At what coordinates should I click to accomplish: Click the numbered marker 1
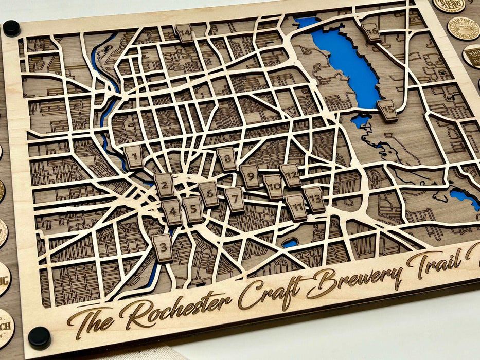(x=134, y=156)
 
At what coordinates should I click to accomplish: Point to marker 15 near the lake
(x=387, y=110)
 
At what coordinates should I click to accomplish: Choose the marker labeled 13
(x=314, y=199)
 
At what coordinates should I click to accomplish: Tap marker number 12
(x=291, y=175)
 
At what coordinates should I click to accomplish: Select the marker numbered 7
(x=235, y=199)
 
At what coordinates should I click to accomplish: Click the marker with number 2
(x=164, y=185)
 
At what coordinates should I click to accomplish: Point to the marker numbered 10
(x=273, y=186)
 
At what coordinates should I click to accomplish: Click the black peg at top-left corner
(x=11, y=28)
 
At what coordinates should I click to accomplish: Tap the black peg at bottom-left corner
(x=39, y=337)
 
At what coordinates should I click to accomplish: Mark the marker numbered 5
(x=193, y=209)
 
